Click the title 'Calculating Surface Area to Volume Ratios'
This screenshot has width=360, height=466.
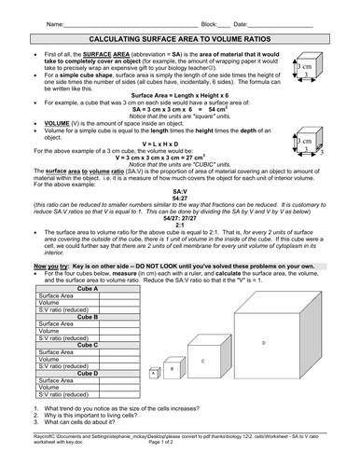[x=179, y=42]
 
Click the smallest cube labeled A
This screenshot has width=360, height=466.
[x=154, y=374]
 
